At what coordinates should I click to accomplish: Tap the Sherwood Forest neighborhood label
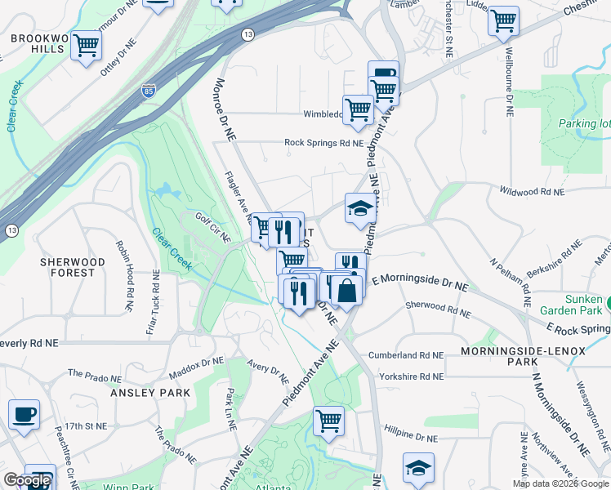(x=73, y=267)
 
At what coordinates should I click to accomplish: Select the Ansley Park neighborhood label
(x=150, y=393)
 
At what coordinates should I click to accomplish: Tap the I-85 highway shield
(x=148, y=91)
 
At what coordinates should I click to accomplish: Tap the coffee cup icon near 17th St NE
(x=25, y=413)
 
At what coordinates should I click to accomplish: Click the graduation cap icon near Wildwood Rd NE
(x=360, y=207)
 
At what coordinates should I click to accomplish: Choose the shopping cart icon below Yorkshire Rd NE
(x=328, y=420)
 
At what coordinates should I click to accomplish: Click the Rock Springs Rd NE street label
(x=323, y=143)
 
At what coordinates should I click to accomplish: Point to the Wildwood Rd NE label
(x=532, y=193)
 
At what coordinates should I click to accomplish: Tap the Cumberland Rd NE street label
(x=405, y=356)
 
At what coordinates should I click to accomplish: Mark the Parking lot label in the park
(x=585, y=124)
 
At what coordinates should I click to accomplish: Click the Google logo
(x=27, y=480)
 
